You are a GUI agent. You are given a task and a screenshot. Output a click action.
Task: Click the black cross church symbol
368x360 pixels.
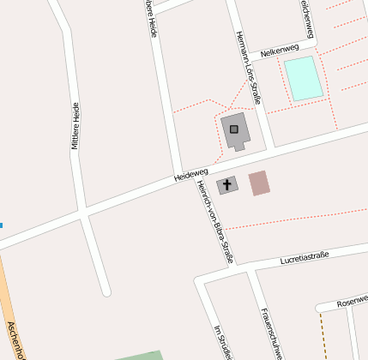pos(227,184)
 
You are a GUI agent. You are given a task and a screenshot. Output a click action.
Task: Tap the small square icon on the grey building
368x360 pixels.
pos(233,129)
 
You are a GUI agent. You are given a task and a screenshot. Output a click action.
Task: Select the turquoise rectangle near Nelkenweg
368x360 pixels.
pos(304,78)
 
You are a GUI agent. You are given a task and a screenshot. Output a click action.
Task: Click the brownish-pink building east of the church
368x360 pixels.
pos(259,183)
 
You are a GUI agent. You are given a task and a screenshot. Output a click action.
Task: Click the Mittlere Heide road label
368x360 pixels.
pos(75,126)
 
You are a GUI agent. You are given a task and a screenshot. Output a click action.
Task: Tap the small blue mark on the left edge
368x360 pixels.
pos(2,225)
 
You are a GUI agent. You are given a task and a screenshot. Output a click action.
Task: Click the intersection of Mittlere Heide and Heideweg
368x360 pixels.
pos(84,213)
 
